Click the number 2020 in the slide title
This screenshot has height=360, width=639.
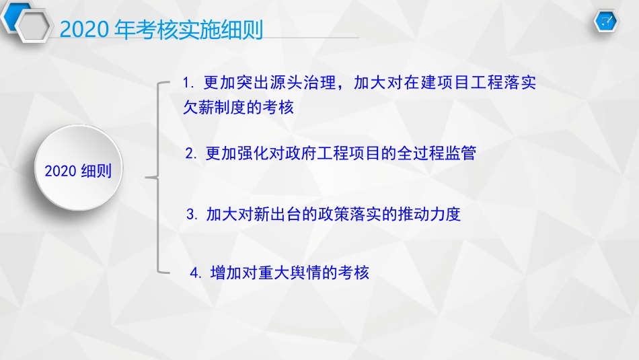coord(83,30)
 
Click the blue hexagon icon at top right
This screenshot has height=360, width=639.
coord(607,22)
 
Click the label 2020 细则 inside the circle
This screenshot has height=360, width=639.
coord(78,171)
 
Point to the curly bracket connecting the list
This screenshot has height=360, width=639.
coord(158,178)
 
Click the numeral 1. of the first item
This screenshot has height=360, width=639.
coord(188,83)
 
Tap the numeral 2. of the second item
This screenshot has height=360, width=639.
coord(192,153)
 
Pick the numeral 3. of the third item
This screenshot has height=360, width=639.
coord(192,215)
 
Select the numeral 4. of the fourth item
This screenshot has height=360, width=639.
coord(196,273)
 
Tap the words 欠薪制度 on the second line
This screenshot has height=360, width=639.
coord(215,108)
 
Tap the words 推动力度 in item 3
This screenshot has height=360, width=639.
coord(429,215)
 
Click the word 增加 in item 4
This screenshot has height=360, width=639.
coord(226,273)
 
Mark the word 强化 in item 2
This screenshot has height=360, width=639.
coord(253,153)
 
